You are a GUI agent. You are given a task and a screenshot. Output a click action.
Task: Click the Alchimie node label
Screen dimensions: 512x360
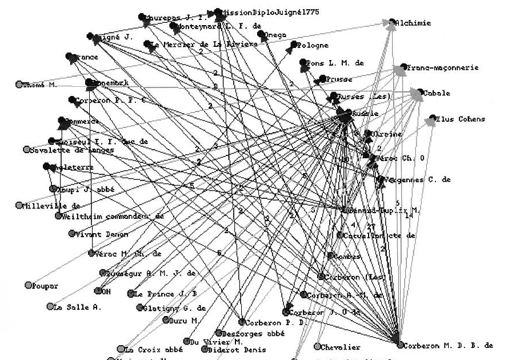[x=413, y=23]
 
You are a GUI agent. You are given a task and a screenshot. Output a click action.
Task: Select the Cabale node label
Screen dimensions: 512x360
[x=437, y=93]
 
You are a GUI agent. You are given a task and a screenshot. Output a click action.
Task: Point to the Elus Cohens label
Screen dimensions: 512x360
[x=461, y=119]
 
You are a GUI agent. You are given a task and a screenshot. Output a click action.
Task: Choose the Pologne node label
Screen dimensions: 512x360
[x=313, y=45]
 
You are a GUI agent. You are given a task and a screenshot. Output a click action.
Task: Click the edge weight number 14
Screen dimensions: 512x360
[x=408, y=217]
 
